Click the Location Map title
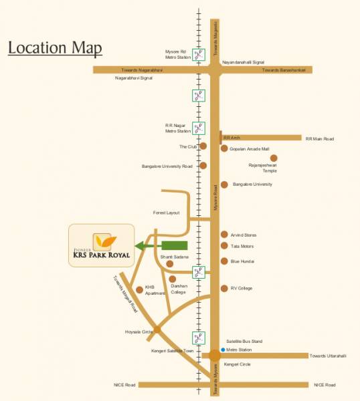tap(55, 48)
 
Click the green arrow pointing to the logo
tap(161, 246)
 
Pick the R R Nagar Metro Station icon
tap(198, 128)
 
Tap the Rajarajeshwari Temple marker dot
tap(273, 158)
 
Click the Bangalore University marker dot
tap(224, 184)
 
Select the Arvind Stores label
tap(244, 235)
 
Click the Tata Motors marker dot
tap(224, 246)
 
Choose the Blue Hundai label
tap(243, 262)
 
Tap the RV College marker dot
tap(224, 288)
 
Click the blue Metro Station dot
tap(222, 349)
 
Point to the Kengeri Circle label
tap(237, 364)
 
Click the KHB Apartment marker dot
tap(139, 289)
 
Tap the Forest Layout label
tap(166, 213)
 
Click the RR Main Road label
tap(319, 139)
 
